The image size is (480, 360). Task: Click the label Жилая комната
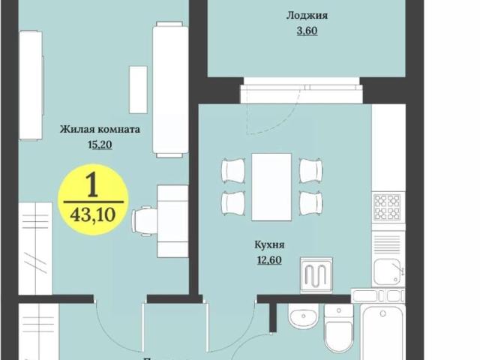pos(100,129)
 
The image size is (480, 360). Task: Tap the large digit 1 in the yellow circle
pos(93,184)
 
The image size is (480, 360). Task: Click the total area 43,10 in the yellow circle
pos(93,214)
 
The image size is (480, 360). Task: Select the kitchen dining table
pos(271,187)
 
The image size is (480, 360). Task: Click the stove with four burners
pos(388,207)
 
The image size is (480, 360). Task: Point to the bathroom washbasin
pos(304,319)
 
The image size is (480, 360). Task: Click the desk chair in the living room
pos(145,221)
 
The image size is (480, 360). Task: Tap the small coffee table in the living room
pos(138,89)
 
